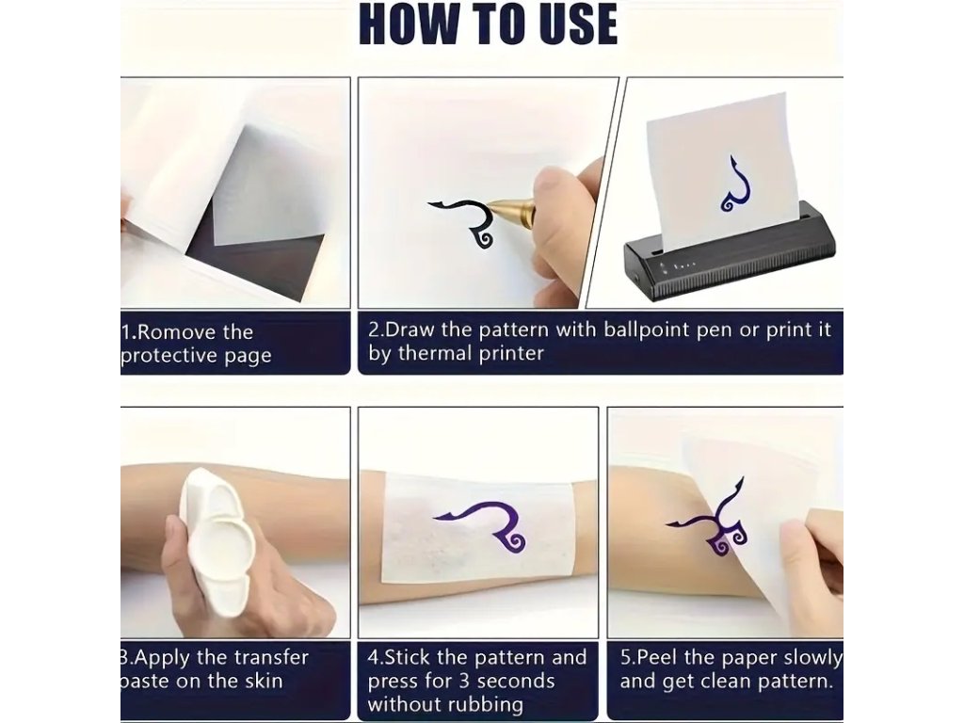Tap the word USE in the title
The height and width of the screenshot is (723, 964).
click(x=578, y=24)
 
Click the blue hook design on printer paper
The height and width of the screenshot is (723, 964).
click(x=736, y=185)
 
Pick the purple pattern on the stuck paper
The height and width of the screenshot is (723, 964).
click(x=487, y=522)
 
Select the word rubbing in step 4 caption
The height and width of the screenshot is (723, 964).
click(x=489, y=705)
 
